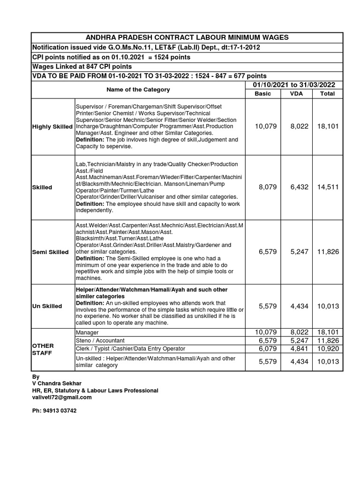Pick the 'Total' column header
point(327,94)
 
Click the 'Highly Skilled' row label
point(52,127)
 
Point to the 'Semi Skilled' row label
point(50,252)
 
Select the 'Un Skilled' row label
point(47,306)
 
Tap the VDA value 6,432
point(299,187)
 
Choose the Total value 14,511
point(328,187)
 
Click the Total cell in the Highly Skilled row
point(328,126)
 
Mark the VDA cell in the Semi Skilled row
point(299,252)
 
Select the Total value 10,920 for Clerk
point(328,349)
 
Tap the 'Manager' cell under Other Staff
point(87,332)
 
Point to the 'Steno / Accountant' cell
point(100,340)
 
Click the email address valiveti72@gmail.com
point(61,397)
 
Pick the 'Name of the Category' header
point(138,90)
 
